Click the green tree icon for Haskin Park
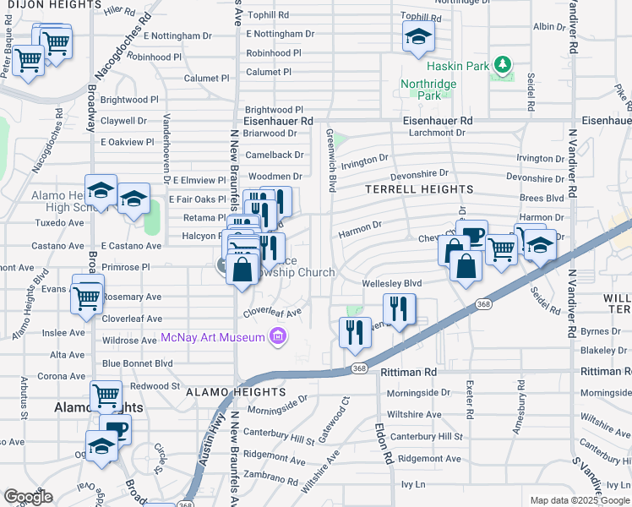504,65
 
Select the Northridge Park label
428,90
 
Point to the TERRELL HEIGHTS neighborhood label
418,189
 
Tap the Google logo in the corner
28,497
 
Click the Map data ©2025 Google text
579,500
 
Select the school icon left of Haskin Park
417,37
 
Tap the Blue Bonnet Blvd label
137,363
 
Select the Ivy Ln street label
413,484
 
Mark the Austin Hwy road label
211,440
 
